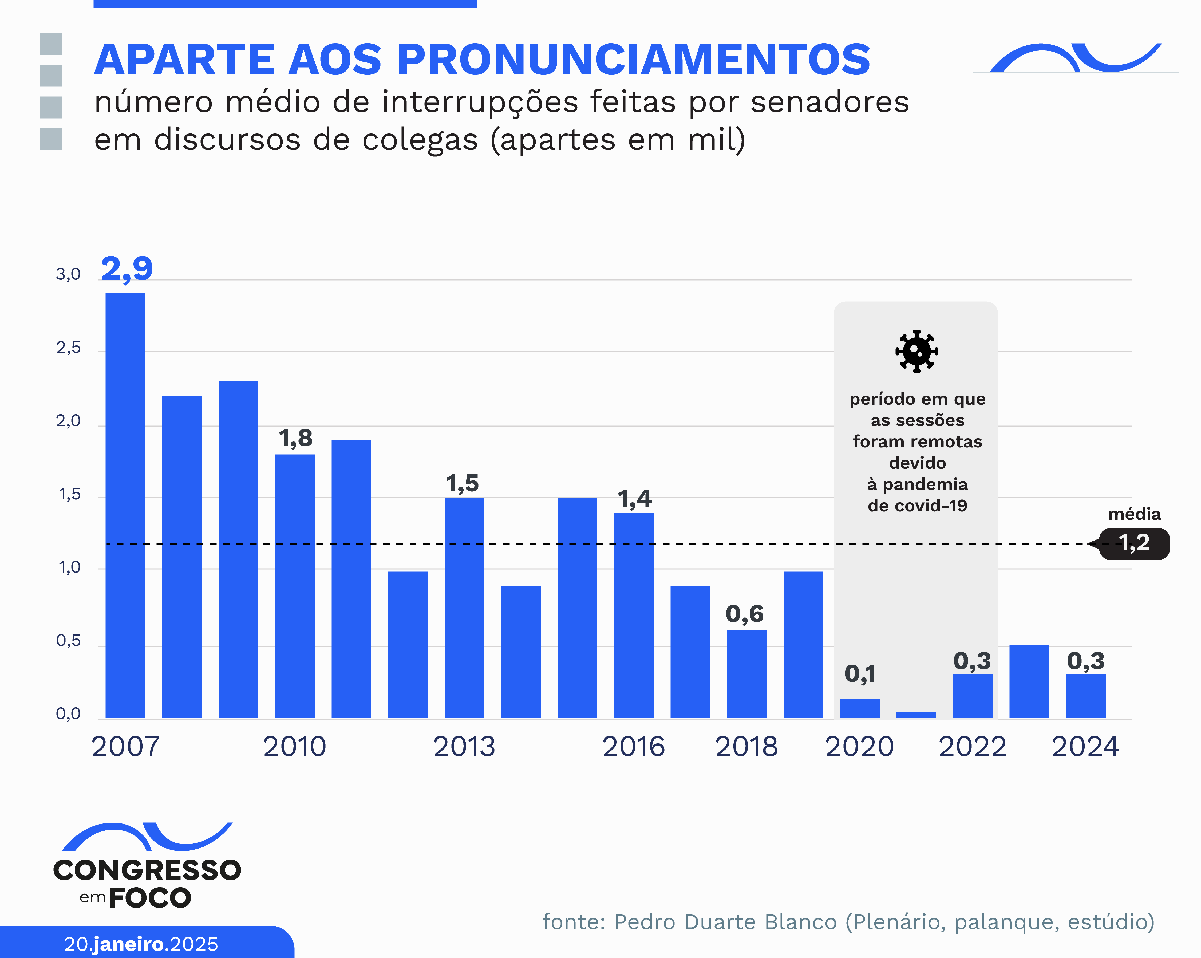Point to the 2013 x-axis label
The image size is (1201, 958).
pyautogui.click(x=464, y=746)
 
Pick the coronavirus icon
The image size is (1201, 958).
pyautogui.click(x=916, y=352)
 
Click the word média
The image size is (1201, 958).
pyautogui.click(x=1134, y=514)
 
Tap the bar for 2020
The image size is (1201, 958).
pyautogui.click(x=860, y=708)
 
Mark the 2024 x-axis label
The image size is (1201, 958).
pyautogui.click(x=1085, y=746)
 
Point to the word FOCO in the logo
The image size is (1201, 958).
pyautogui.click(x=150, y=898)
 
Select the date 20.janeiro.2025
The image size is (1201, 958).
pyautogui.click(x=141, y=944)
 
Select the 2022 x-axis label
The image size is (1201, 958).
pyautogui.click(x=973, y=746)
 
